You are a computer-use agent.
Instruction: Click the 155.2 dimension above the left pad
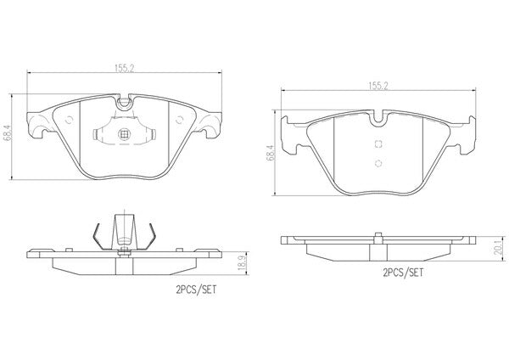125,68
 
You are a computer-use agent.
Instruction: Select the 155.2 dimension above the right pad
378,86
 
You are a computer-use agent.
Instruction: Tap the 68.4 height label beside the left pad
7,133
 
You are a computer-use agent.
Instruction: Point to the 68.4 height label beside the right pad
271,153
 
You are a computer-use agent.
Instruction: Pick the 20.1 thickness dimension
501,248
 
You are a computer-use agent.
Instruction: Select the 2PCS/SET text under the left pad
196,290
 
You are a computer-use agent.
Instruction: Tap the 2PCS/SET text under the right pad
403,273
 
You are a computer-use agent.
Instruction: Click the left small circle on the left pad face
69,120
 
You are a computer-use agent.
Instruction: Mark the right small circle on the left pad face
179,120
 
